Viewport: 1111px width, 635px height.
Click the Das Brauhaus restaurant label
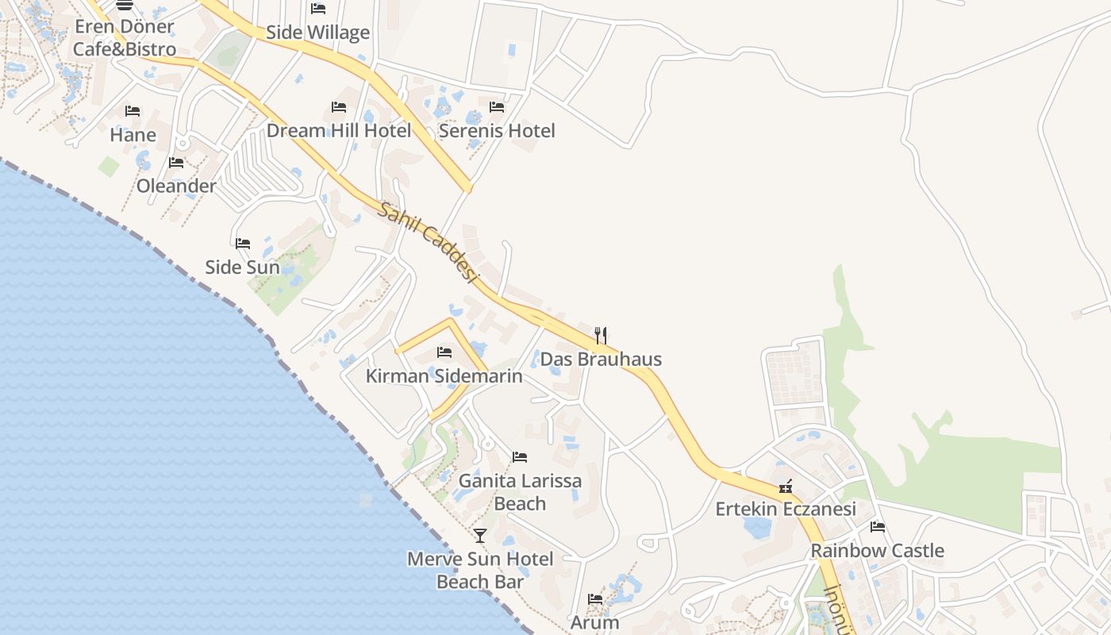point(601,360)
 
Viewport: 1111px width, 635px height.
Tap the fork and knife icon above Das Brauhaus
point(601,336)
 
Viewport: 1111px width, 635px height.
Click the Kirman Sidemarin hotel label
point(444,376)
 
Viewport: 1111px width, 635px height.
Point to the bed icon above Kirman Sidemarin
point(444,352)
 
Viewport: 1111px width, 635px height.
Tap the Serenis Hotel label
point(497,130)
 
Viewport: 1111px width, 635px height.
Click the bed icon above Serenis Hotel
point(497,106)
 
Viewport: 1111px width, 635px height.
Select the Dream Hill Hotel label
point(339,130)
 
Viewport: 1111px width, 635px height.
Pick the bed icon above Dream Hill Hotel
point(339,106)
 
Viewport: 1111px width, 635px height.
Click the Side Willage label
point(317,33)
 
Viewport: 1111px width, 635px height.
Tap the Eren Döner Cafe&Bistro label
point(124,37)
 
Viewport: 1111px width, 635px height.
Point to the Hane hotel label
point(133,135)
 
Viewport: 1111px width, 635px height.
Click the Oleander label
point(176,186)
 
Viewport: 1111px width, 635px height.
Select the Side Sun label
point(242,267)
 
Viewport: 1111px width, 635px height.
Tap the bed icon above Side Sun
point(243,243)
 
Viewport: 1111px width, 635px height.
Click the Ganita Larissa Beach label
point(520,492)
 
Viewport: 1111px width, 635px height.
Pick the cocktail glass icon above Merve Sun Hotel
point(480,536)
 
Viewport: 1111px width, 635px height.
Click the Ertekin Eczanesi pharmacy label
point(786,509)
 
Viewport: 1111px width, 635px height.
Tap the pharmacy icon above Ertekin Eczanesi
point(786,486)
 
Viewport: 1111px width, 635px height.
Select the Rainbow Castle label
point(877,550)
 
